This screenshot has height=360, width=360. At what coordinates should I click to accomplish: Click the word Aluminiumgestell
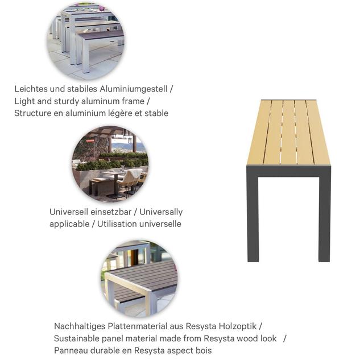click(134, 89)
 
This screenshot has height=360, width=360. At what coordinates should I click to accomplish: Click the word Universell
click(68, 212)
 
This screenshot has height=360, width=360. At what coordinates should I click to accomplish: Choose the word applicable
click(69, 224)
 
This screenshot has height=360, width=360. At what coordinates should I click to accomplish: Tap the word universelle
click(159, 224)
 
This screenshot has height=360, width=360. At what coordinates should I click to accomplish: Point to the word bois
click(203, 350)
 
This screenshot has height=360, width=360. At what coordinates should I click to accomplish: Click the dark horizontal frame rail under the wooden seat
click(288, 171)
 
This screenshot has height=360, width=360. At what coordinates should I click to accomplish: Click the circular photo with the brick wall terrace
click(110, 164)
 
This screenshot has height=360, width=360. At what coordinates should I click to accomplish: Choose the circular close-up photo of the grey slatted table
click(139, 279)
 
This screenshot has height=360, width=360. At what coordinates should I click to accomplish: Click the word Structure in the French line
click(33, 113)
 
